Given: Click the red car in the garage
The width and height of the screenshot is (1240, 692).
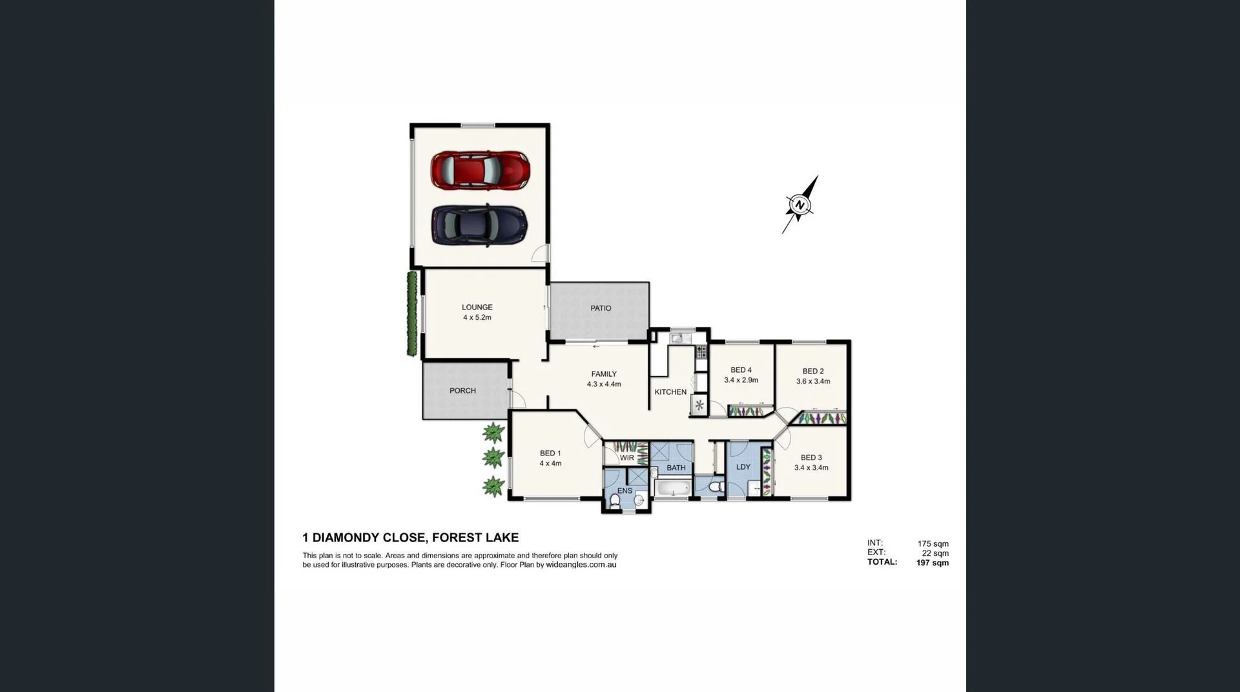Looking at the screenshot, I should [480, 171].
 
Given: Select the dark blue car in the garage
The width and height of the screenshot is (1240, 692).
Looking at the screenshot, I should [479, 225].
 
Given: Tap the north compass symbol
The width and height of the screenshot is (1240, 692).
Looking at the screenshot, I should [800, 205].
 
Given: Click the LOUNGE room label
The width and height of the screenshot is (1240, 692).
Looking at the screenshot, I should [477, 308].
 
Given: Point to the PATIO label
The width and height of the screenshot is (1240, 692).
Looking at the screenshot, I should [601, 308].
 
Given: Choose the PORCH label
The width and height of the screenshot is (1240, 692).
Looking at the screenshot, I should [462, 391].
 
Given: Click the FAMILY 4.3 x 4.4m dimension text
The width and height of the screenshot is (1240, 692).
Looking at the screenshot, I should [604, 384].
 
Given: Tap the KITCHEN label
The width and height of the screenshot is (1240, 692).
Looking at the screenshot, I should [670, 392].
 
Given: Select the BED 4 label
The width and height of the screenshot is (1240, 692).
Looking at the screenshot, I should [741, 370].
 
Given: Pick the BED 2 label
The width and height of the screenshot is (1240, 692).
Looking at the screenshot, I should [813, 372].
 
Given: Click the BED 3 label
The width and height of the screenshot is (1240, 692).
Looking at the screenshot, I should [811, 457].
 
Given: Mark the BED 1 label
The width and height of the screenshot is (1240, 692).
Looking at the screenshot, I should [550, 454].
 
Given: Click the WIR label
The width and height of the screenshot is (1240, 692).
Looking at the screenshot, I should [626, 458].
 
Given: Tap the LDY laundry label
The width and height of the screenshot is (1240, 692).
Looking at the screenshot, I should [743, 467].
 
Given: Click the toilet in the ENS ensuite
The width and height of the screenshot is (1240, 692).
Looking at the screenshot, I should [615, 500].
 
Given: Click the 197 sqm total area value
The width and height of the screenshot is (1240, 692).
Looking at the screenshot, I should [932, 563].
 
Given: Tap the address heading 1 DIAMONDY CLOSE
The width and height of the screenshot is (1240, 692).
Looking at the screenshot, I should [410, 538].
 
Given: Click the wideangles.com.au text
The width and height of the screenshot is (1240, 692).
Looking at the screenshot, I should [581, 565].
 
